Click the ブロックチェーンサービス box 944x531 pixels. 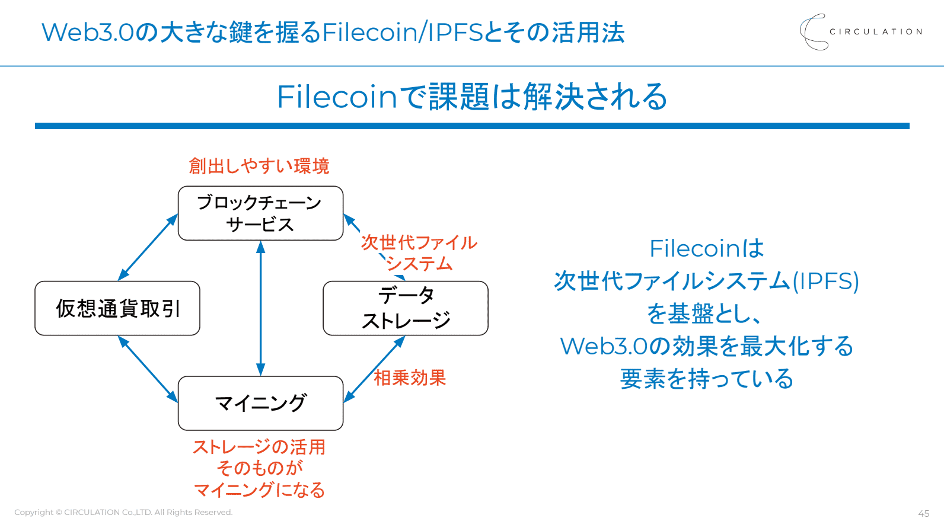[x=260, y=213]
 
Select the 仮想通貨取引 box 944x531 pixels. [x=117, y=308]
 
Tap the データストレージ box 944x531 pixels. [x=406, y=308]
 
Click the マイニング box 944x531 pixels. [x=260, y=403]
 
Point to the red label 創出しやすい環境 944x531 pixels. [x=259, y=166]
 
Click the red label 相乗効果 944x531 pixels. [x=410, y=378]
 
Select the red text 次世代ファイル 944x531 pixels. [x=419, y=242]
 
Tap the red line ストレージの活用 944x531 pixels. [x=259, y=447]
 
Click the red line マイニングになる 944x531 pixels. [x=259, y=490]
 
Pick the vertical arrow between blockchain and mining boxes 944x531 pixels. [x=260, y=308]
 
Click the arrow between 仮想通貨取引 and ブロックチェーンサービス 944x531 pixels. [x=148, y=247]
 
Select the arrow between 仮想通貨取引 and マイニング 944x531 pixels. [x=148, y=369]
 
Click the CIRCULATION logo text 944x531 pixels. [x=875, y=31]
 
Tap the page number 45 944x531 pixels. [x=923, y=513]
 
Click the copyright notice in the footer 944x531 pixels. [x=123, y=512]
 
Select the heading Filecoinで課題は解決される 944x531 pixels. [x=472, y=97]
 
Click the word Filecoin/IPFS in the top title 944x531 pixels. [x=403, y=32]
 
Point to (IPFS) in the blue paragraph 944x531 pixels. [x=825, y=281]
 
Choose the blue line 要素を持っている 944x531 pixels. [x=706, y=379]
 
